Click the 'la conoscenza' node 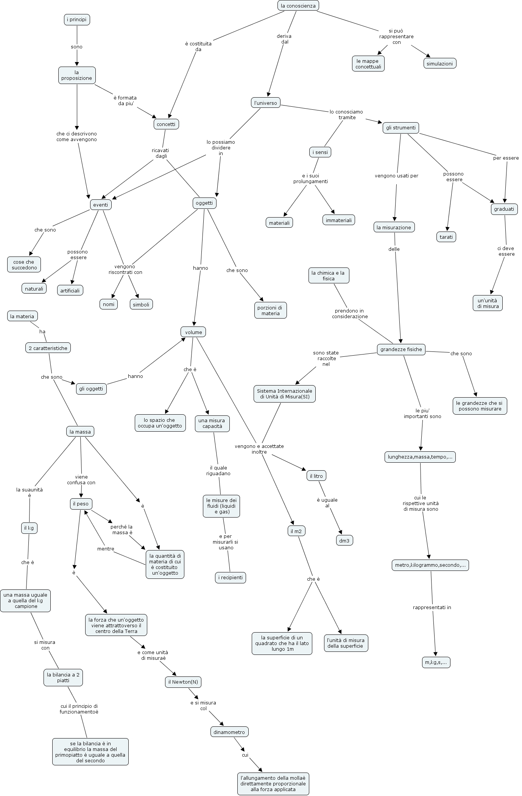click(x=298, y=6)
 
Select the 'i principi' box click(x=77, y=19)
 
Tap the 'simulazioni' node click(x=439, y=64)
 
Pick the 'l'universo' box click(x=265, y=103)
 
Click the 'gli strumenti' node click(x=400, y=128)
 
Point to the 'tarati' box click(x=446, y=237)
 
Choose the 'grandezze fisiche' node click(x=401, y=350)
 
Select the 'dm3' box click(x=344, y=541)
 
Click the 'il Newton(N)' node click(x=183, y=682)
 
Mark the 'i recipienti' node click(x=230, y=578)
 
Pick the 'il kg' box click(x=29, y=528)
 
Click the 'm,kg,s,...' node click(x=436, y=662)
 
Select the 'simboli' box click(x=141, y=304)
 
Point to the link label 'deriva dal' click(x=284, y=39)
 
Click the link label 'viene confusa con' click(x=81, y=480)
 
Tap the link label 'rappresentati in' click(x=432, y=608)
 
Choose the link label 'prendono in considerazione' click(x=350, y=314)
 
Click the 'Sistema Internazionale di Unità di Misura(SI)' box click(x=284, y=394)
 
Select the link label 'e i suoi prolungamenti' click(x=310, y=179)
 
